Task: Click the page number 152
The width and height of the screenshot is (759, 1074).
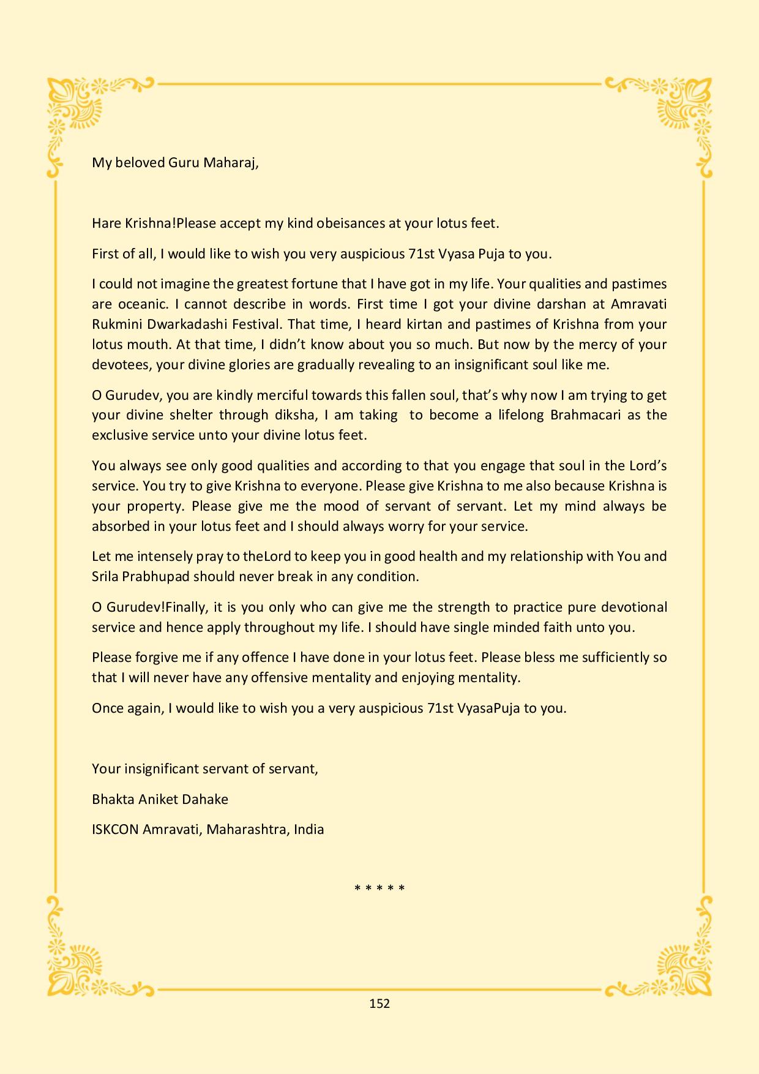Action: (x=379, y=1003)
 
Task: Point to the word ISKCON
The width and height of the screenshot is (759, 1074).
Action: (x=115, y=830)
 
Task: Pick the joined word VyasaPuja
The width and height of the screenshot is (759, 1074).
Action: (x=488, y=708)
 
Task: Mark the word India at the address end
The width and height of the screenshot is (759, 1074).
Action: (x=309, y=830)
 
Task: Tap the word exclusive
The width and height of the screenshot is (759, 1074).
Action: (x=120, y=435)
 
